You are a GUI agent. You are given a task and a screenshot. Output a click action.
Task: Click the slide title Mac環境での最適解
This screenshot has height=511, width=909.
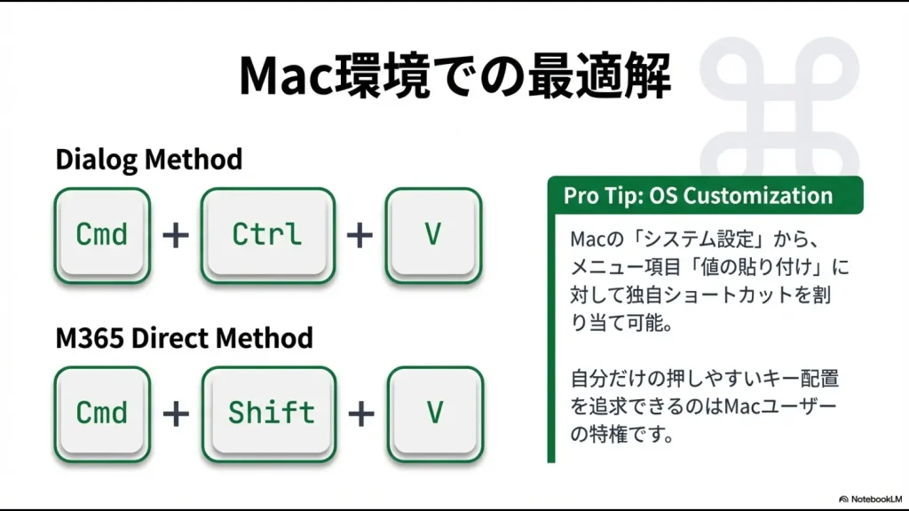point(454,77)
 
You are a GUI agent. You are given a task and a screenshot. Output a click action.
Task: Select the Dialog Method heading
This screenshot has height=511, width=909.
point(148,160)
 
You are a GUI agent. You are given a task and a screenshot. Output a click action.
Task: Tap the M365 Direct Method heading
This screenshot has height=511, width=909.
point(184,338)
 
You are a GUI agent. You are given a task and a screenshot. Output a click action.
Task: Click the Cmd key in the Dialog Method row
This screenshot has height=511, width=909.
point(102,234)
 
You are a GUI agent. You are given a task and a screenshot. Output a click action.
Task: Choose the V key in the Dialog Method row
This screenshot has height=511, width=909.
point(433,234)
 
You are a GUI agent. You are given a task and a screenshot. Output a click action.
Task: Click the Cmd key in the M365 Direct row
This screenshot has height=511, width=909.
point(102,413)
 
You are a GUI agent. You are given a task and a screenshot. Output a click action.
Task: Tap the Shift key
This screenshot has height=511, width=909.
point(271,413)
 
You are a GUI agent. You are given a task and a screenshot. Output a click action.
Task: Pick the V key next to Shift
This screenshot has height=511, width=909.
point(434,413)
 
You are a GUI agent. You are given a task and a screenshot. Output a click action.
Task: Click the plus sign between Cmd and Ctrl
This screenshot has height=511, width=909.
point(178,235)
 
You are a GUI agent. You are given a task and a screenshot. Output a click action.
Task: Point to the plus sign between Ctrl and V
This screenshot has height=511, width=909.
point(360,235)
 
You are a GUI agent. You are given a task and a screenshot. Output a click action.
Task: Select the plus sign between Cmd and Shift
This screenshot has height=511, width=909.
point(178,413)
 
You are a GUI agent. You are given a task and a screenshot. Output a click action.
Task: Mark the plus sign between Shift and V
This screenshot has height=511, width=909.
point(360,413)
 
